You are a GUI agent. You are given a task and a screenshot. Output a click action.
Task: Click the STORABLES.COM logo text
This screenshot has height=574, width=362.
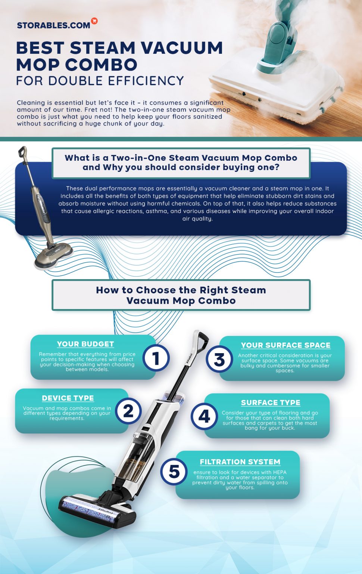(53, 25)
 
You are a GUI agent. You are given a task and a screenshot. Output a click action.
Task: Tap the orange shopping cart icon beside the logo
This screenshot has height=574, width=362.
(94, 21)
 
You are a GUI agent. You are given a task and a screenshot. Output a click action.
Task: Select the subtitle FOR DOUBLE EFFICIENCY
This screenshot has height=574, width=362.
(100, 81)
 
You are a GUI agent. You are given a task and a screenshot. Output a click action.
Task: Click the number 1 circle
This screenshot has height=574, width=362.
(156, 358)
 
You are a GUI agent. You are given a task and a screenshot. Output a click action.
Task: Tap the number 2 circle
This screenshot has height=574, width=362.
(128, 411)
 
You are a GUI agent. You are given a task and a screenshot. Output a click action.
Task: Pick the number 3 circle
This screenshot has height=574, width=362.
(219, 359)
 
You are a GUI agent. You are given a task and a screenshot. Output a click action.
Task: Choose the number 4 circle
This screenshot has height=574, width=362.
(204, 416)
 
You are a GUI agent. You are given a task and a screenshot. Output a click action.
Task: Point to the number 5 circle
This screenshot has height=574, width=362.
(174, 471)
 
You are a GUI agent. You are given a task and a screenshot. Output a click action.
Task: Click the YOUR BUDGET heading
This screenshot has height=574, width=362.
(85, 344)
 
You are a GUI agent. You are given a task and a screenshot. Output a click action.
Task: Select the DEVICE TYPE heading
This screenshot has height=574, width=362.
(68, 398)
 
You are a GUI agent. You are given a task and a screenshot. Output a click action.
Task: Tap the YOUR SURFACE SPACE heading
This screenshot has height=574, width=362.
(285, 345)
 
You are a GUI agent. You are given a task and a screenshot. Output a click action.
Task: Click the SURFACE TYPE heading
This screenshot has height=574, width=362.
(271, 403)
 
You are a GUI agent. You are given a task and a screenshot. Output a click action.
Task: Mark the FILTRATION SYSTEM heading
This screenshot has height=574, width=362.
(240, 462)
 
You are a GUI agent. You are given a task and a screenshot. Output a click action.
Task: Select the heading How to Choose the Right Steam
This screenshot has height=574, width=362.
(181, 290)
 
